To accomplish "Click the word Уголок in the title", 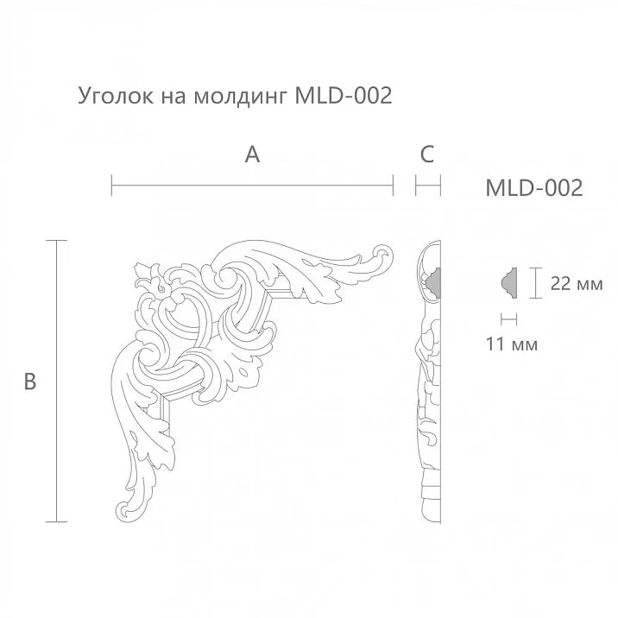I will click(115, 96).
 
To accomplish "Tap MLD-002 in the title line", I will click(344, 95).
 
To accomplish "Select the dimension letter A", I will click(252, 154).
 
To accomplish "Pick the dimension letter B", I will click(29, 381).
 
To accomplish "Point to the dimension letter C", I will click(426, 154).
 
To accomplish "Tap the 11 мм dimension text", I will click(512, 344).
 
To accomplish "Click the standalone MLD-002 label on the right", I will click(534, 187).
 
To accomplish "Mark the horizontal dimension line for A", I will click(252, 185).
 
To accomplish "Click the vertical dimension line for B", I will click(57, 381).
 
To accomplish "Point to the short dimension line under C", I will click(428, 185).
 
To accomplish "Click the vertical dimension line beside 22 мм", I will click(538, 283).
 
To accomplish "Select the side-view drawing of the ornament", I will click(430, 380).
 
